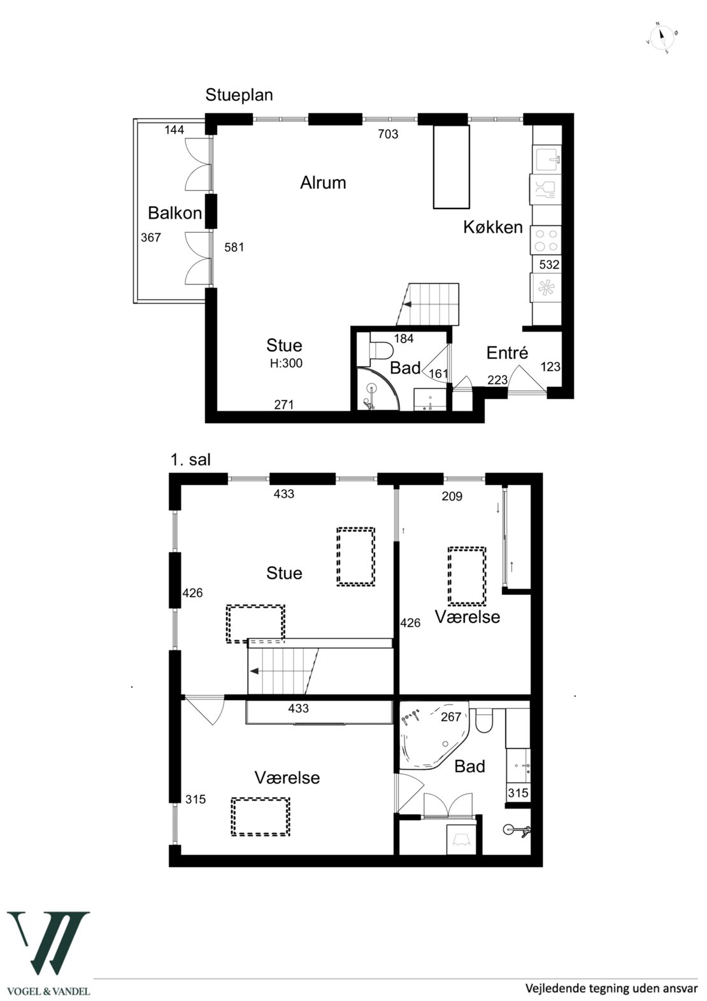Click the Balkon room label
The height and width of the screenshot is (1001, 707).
tap(175, 213)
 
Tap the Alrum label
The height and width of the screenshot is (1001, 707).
tap(323, 182)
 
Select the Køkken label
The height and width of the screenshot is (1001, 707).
tap(493, 227)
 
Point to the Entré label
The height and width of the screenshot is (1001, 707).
tap(507, 353)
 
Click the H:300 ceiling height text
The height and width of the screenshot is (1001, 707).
tap(286, 363)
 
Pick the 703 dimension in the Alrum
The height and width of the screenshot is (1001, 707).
tap(388, 134)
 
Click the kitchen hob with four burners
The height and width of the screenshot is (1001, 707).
tap(546, 240)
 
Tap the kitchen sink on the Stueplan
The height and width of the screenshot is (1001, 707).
tap(546, 159)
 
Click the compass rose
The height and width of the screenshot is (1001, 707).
tap(662, 38)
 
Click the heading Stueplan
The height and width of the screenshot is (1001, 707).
tap(239, 95)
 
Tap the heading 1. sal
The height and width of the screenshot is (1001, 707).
tap(190, 460)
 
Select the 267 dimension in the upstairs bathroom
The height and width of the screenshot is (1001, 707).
tap(451, 717)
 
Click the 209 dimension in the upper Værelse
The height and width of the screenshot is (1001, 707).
tap(452, 496)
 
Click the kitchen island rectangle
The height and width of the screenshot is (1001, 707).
tap(452, 166)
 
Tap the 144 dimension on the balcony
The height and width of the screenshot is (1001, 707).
tap(174, 129)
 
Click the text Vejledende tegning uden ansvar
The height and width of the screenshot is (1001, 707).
tap(611, 987)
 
